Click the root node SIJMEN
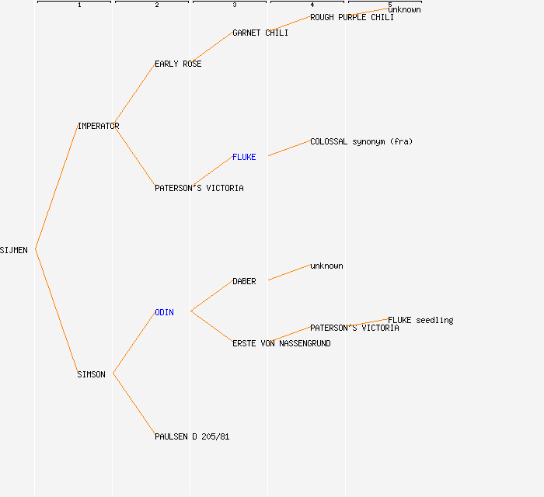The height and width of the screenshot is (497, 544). (x=13, y=250)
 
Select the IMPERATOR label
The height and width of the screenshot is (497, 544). (x=98, y=126)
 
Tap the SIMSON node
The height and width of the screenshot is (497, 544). (x=91, y=374)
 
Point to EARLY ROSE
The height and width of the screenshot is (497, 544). (x=178, y=64)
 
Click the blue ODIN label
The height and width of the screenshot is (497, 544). (x=164, y=313)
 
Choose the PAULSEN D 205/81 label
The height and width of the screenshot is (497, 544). (x=192, y=436)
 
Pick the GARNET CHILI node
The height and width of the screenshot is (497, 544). (x=260, y=33)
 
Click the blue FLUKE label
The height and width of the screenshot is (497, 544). (x=244, y=158)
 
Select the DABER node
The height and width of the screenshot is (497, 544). (x=244, y=281)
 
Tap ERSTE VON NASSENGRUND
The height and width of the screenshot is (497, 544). (x=281, y=343)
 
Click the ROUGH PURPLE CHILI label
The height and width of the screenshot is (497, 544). (x=352, y=17)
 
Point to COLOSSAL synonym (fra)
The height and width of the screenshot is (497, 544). (x=361, y=142)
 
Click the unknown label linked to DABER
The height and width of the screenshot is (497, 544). (x=326, y=266)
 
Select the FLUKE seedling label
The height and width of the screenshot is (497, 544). (x=420, y=320)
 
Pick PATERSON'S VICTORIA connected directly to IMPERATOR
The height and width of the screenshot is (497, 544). (x=199, y=188)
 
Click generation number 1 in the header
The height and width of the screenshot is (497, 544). (x=79, y=5)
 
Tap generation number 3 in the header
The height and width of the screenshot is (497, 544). (x=235, y=5)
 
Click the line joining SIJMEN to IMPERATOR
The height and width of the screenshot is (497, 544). (x=57, y=187)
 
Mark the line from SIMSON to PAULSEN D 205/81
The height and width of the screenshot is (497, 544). (x=134, y=405)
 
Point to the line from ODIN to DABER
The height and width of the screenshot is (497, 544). (x=211, y=296)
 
